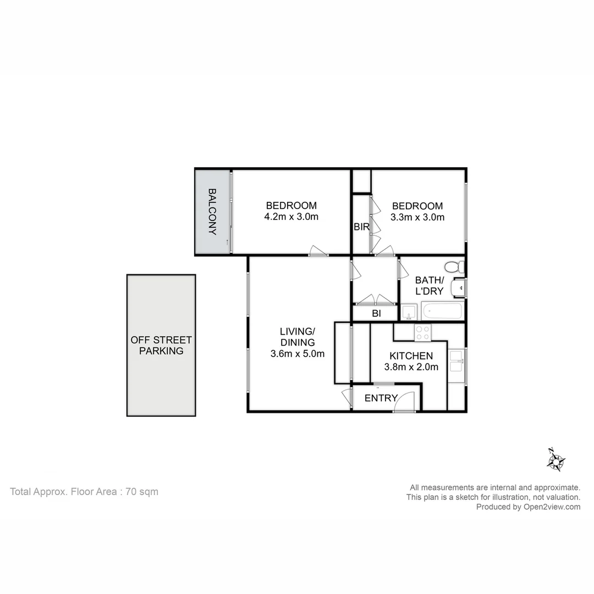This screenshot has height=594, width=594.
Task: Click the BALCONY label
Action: pyautogui.click(x=212, y=212)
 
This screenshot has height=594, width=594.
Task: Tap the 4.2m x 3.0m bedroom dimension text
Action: pyautogui.click(x=291, y=217)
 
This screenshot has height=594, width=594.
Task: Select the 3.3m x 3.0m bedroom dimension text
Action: pyautogui.click(x=417, y=217)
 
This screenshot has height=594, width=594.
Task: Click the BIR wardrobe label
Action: pyautogui.click(x=361, y=227)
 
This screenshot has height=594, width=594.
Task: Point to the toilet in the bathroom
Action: pyautogui.click(x=454, y=267)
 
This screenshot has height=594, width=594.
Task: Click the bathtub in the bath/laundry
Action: pyautogui.click(x=443, y=311)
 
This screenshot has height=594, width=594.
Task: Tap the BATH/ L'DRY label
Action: pyautogui.click(x=429, y=285)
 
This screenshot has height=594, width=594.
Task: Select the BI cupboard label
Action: pyautogui.click(x=376, y=313)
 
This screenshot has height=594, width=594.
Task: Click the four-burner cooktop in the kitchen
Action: pyautogui.click(x=422, y=333)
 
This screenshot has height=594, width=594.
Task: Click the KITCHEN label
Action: pyautogui.click(x=411, y=356)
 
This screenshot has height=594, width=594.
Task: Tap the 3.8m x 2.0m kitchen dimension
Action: pyautogui.click(x=411, y=367)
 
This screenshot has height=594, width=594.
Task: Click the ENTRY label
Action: pyautogui.click(x=381, y=398)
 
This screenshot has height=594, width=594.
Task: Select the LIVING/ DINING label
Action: pyautogui.click(x=297, y=337)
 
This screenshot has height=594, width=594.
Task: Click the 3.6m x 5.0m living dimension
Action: pyautogui.click(x=297, y=354)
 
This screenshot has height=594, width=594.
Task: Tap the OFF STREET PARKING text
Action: pyautogui.click(x=161, y=345)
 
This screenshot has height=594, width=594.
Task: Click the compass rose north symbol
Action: pyautogui.click(x=555, y=460)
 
